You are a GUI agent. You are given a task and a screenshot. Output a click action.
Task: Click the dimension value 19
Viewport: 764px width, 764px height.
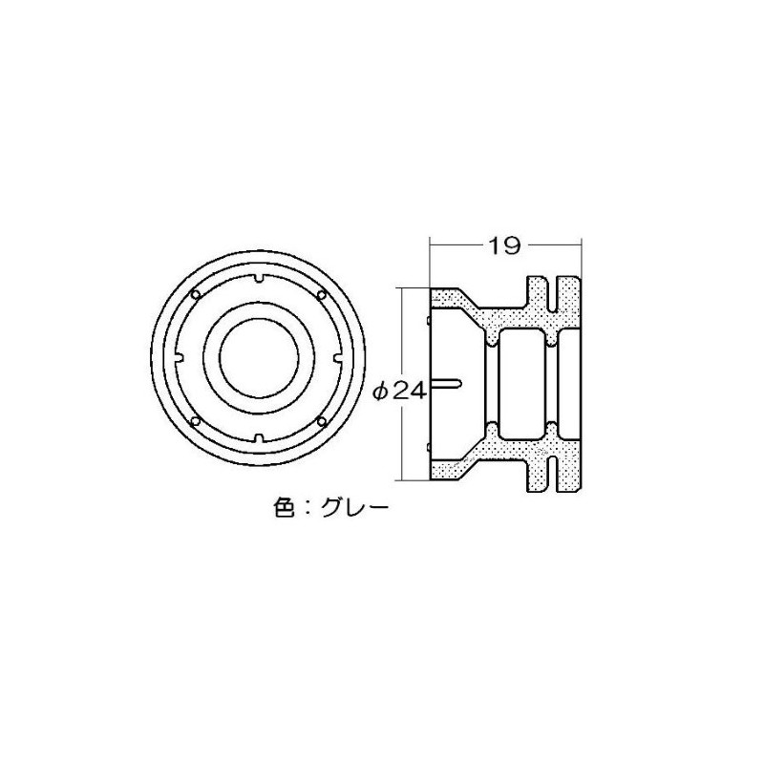pos(504,246)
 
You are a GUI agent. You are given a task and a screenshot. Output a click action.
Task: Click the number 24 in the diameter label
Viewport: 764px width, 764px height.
pos(410,391)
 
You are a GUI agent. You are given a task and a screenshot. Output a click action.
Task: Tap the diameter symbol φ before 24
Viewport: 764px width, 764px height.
pos(382,392)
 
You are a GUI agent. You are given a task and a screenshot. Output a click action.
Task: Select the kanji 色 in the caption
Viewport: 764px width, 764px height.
pos(286,509)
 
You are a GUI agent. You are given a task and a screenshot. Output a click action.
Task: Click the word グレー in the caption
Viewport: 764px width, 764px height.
pos(355,509)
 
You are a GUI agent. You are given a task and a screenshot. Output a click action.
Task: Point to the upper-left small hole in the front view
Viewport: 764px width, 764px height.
pos(196,294)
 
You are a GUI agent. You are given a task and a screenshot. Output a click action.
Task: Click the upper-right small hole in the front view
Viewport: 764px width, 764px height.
pos(321,294)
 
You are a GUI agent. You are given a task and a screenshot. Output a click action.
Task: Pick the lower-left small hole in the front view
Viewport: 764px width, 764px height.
pos(196,421)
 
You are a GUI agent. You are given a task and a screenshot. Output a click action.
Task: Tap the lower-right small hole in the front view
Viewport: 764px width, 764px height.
pos(321,421)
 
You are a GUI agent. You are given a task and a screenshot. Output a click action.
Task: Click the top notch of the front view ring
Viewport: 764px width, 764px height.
pos(259,279)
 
